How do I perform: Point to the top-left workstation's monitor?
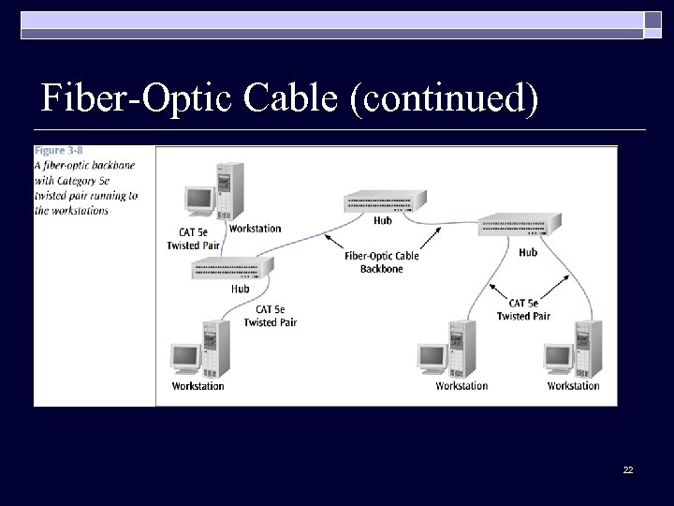(x=198, y=200)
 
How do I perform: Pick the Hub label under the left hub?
(x=241, y=289)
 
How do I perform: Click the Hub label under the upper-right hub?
(x=528, y=252)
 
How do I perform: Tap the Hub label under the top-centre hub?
(x=382, y=221)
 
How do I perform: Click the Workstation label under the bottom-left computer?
(x=198, y=386)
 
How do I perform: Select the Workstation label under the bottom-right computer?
(x=573, y=386)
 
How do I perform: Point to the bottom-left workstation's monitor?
(x=185, y=357)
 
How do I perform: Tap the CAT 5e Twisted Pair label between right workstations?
(x=523, y=309)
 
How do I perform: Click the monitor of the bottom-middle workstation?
(x=432, y=357)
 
